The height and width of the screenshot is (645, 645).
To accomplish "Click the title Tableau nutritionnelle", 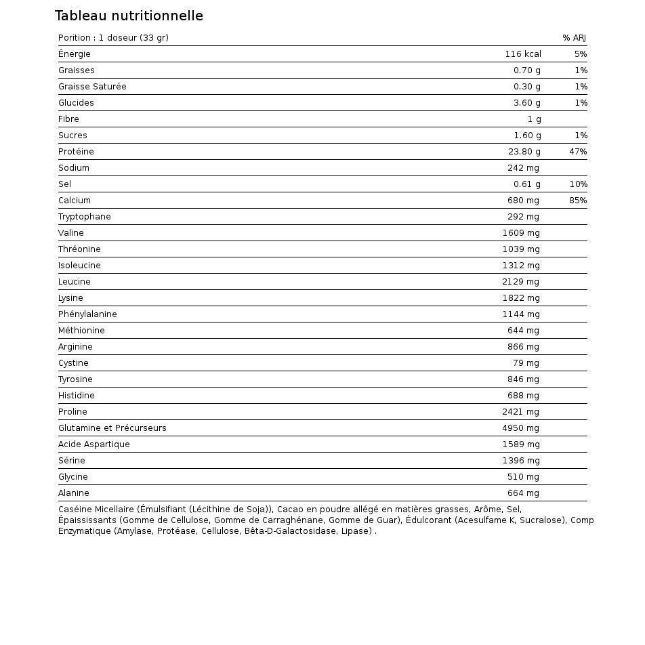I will tap(129, 16).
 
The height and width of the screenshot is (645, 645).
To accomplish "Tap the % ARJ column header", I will tap(574, 38).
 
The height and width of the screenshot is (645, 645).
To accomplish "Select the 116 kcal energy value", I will tap(522, 54).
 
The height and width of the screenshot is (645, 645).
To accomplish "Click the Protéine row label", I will tap(76, 152).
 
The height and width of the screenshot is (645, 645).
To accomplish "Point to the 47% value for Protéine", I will tap(578, 152).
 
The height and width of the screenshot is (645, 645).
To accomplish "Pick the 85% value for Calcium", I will tap(578, 201).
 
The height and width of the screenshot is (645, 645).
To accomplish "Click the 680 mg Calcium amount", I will tap(523, 201).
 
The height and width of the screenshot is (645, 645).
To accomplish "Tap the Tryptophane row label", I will tap(84, 217).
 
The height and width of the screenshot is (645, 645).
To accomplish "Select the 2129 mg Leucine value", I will tap(520, 282).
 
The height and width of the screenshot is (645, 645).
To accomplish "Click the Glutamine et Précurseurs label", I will tap(112, 428).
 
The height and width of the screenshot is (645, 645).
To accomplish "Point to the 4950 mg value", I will tap(520, 428).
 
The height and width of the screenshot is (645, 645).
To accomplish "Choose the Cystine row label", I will tap(73, 363).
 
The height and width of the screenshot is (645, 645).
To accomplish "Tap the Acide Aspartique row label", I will tap(93, 444).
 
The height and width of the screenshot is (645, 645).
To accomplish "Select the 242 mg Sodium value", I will tap(523, 168).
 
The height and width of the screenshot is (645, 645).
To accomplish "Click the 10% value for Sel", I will tap(578, 184).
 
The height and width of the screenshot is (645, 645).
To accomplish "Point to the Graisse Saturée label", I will tap(92, 87).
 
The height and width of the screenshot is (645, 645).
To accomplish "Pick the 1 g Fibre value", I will tap(534, 119).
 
